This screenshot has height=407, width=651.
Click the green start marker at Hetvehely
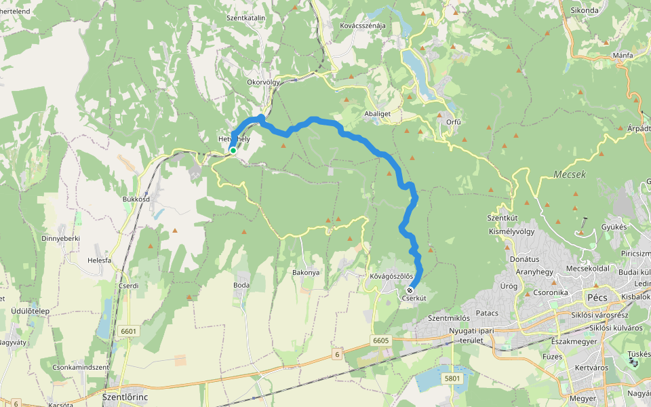(233, 151)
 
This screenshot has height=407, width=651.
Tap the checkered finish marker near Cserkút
(410, 290)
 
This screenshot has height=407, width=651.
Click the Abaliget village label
(378, 115)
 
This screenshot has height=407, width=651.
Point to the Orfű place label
(454, 122)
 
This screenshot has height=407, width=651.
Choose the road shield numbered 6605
(381, 340)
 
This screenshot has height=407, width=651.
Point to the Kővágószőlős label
(391, 276)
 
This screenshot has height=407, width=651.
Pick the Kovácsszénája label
(362, 26)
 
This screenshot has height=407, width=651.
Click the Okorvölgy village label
(263, 82)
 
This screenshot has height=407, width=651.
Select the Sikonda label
(585, 12)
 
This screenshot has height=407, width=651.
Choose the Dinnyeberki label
(60, 238)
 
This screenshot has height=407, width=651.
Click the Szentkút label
(502, 218)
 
